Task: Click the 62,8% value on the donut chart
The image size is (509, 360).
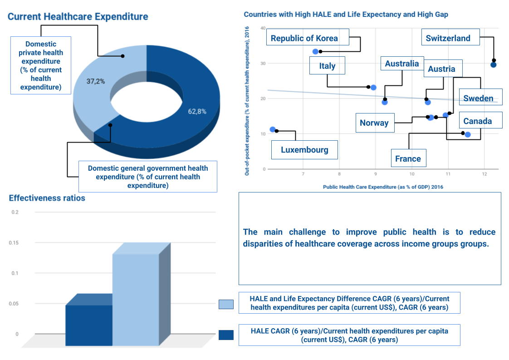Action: click(197, 111)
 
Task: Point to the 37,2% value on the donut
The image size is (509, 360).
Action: click(96, 81)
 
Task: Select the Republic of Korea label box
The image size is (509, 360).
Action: click(304, 38)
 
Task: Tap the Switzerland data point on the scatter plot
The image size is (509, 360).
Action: click(494, 64)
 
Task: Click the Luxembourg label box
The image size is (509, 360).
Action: click(304, 150)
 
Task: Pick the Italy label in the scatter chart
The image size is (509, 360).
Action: click(327, 66)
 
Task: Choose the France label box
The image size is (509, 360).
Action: click(408, 158)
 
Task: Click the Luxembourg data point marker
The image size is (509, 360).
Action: click(273, 129)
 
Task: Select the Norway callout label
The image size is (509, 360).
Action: click(374, 123)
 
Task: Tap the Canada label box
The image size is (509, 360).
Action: click(477, 121)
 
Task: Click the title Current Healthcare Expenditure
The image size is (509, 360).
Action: click(78, 17)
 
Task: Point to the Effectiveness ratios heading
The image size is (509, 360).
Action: click(47, 198)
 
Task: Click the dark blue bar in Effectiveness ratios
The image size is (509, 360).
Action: click(88, 325)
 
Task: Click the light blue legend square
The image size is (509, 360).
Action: click(226, 304)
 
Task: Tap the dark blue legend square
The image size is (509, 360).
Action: click(226, 335)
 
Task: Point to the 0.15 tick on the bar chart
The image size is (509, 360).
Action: click(14, 242)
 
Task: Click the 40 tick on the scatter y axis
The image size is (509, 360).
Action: click(263, 28)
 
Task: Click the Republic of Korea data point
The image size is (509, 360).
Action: click(316, 51)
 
